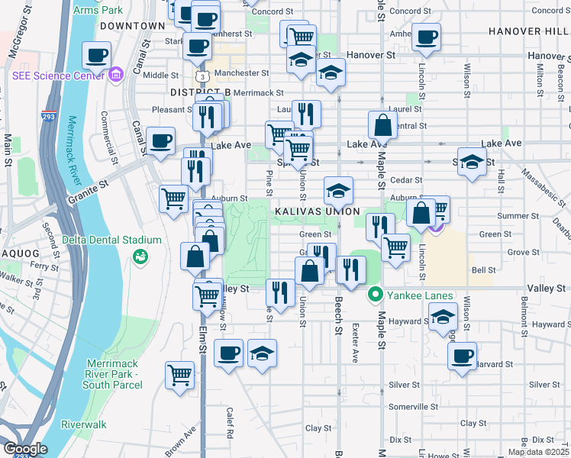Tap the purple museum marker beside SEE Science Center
point(116,75)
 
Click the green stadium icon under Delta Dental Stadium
point(140,256)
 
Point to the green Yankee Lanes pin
point(375,294)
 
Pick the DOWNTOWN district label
point(132,25)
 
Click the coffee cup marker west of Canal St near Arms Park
point(98,55)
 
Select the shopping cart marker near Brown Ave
point(179,375)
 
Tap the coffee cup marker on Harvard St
point(462,356)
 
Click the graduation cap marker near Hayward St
point(443,316)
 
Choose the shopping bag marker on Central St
point(382,124)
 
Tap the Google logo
point(24,448)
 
